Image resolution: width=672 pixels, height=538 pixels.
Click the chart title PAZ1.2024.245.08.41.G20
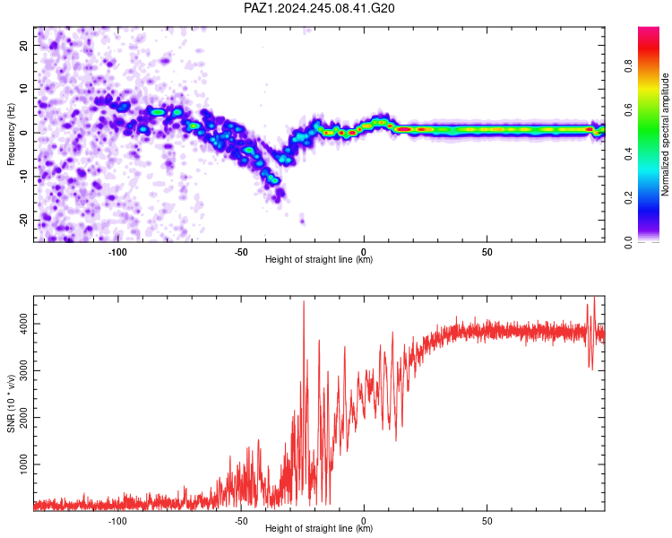click(x=319, y=8)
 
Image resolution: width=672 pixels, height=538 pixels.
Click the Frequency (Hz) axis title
click(x=11, y=134)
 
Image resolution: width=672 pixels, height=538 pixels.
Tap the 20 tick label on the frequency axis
click(x=24, y=45)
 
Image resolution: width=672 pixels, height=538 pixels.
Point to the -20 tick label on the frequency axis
click(x=24, y=220)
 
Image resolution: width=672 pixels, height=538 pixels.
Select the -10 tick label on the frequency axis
click(x=24, y=177)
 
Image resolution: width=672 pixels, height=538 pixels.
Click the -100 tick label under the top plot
click(x=117, y=252)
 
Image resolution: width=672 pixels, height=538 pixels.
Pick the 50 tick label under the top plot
click(x=487, y=252)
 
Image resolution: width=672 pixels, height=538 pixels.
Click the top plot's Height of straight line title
click(x=319, y=259)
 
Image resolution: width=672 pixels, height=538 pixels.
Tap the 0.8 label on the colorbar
click(x=628, y=66)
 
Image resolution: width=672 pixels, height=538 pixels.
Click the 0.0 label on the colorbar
click(x=628, y=242)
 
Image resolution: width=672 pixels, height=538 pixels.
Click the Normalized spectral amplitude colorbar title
click(x=665, y=134)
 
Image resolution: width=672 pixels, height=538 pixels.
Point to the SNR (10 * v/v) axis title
click(x=11, y=403)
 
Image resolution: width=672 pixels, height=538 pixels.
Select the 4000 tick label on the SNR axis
click(x=24, y=324)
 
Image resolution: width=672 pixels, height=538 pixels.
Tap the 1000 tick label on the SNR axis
click(x=24, y=464)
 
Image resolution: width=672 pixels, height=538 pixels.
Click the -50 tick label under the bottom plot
click(x=241, y=521)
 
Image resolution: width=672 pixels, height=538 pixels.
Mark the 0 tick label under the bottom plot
click(x=364, y=521)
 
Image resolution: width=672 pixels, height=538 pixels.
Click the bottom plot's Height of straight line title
click(x=319, y=528)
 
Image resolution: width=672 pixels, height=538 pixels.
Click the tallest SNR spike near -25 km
click(x=304, y=302)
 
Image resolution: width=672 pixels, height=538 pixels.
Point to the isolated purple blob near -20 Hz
click(x=303, y=221)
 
